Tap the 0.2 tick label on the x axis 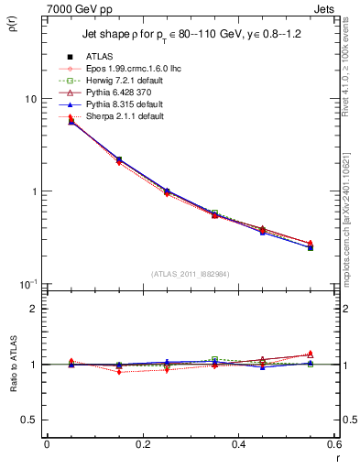(142, 444)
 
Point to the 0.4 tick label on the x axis (238, 444)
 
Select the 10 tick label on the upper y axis (30, 99)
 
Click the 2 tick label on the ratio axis (33, 309)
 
